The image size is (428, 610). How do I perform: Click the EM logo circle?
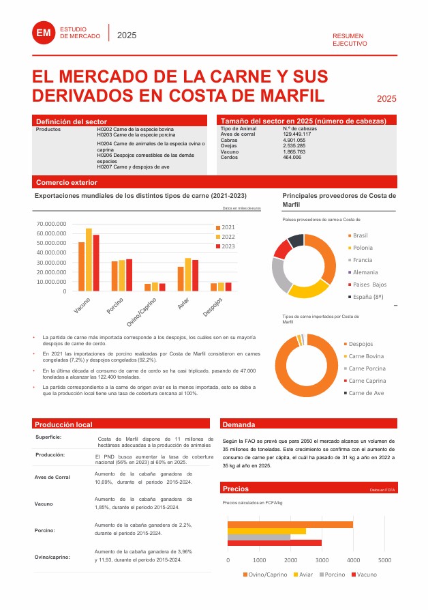click(x=44, y=31)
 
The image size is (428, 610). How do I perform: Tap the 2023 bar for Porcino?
click(x=129, y=275)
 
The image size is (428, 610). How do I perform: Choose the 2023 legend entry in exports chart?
click(x=226, y=246)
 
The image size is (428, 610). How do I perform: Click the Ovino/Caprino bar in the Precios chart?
click(x=290, y=525)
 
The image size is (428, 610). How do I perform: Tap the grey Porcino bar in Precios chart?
click(x=258, y=537)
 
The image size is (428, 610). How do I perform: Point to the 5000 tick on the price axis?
click(x=384, y=560)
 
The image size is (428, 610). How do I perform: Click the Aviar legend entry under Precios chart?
click(x=303, y=575)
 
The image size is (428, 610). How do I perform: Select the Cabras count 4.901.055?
click(x=294, y=141)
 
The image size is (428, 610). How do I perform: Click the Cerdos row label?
click(x=230, y=157)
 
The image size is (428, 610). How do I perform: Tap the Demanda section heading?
click(x=239, y=424)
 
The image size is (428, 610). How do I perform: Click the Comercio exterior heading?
click(x=67, y=183)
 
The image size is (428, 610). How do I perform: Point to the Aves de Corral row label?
click(x=52, y=477)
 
